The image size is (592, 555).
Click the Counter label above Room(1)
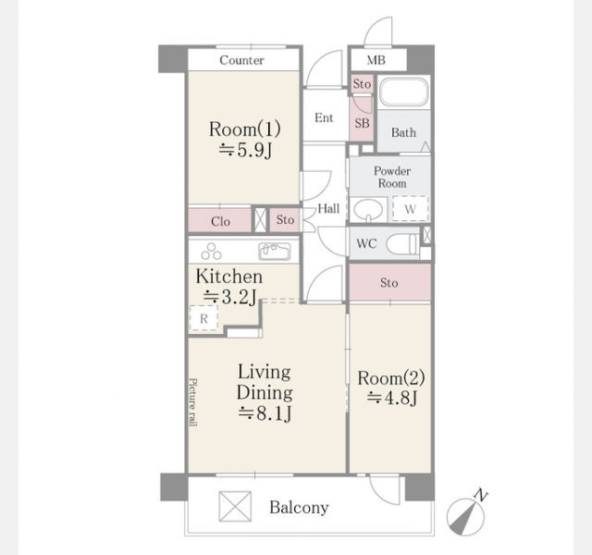point(241,60)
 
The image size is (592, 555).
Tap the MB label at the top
point(376,60)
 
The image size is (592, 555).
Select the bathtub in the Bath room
point(404,92)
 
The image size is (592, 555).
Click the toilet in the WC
point(402,244)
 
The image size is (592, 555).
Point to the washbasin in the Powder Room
point(368,210)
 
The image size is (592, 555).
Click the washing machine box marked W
point(411,208)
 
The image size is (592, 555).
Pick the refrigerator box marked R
point(203,318)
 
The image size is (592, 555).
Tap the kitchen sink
point(275,252)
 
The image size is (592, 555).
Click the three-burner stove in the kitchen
point(212,252)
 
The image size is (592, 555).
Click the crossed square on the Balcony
point(235,506)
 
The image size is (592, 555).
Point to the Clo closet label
point(220,221)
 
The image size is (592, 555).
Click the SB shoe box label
point(362,123)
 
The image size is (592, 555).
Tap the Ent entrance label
point(324,117)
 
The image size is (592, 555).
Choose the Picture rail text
point(193,402)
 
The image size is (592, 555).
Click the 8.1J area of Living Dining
point(265,413)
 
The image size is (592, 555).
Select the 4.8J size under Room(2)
point(392,398)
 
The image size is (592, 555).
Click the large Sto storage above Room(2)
point(390,282)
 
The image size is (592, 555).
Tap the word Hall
point(328,208)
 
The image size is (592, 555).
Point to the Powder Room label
point(392,177)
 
